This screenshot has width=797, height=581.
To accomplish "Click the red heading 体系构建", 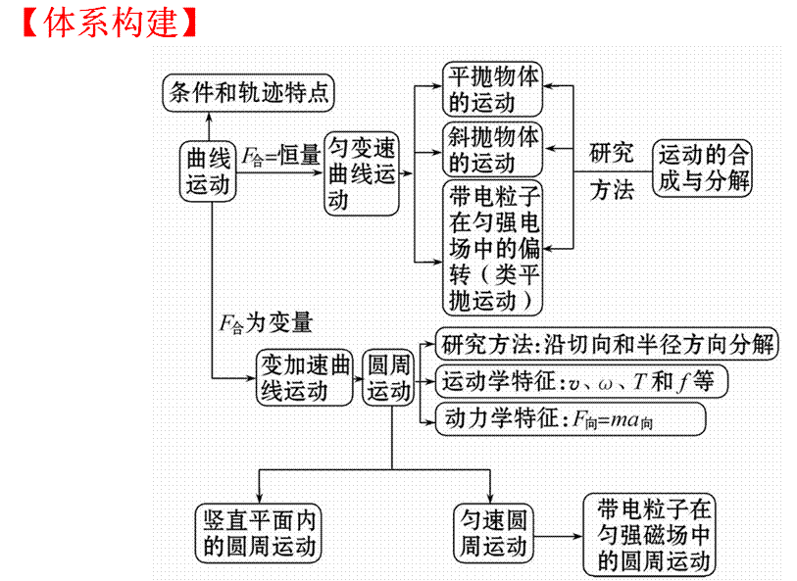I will pyautogui.click(x=109, y=22).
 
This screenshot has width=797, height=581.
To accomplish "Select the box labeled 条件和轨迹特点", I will pyautogui.click(x=248, y=92).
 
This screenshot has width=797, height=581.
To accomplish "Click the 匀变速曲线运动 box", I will pyautogui.click(x=362, y=173).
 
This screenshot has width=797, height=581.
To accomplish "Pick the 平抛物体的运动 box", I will pyautogui.click(x=493, y=89).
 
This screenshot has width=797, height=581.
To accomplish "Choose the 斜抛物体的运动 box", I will pyautogui.click(x=493, y=148).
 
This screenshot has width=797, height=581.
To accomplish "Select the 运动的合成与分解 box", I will pyautogui.click(x=703, y=168).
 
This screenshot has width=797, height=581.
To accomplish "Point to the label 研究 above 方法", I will pyautogui.click(x=612, y=153).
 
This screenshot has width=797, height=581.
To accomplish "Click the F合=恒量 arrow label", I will pyautogui.click(x=281, y=155).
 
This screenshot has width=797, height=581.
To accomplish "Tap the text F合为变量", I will pyautogui.click(x=266, y=322).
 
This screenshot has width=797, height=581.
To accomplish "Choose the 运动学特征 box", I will pyautogui.click(x=582, y=382).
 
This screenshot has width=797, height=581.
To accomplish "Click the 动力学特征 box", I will pyautogui.click(x=563, y=419).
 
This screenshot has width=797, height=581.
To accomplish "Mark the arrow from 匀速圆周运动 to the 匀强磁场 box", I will pyautogui.click(x=558, y=536).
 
